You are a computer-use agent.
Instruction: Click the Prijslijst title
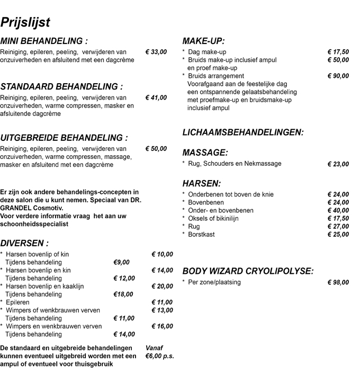click(x=25, y=22)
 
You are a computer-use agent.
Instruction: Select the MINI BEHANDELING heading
click(x=44, y=41)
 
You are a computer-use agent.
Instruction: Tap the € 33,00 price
click(x=156, y=52)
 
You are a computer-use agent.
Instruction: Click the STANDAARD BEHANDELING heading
click(x=61, y=86)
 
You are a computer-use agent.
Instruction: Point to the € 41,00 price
click(x=156, y=98)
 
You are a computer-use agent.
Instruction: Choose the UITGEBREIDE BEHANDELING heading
click(x=64, y=137)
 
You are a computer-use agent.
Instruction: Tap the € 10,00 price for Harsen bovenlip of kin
click(x=162, y=254)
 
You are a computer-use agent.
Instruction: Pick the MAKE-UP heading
click(x=203, y=41)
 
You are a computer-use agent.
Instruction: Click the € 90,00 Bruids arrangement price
click(x=338, y=76)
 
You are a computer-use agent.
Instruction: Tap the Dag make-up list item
click(x=207, y=52)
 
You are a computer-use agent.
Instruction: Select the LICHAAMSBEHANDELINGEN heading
click(x=243, y=132)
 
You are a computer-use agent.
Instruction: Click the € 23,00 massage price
click(x=338, y=164)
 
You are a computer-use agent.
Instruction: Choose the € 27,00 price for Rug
click(x=338, y=226)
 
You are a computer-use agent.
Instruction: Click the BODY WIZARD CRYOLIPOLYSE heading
click(x=248, y=271)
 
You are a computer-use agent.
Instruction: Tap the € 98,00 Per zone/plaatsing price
click(x=338, y=282)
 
